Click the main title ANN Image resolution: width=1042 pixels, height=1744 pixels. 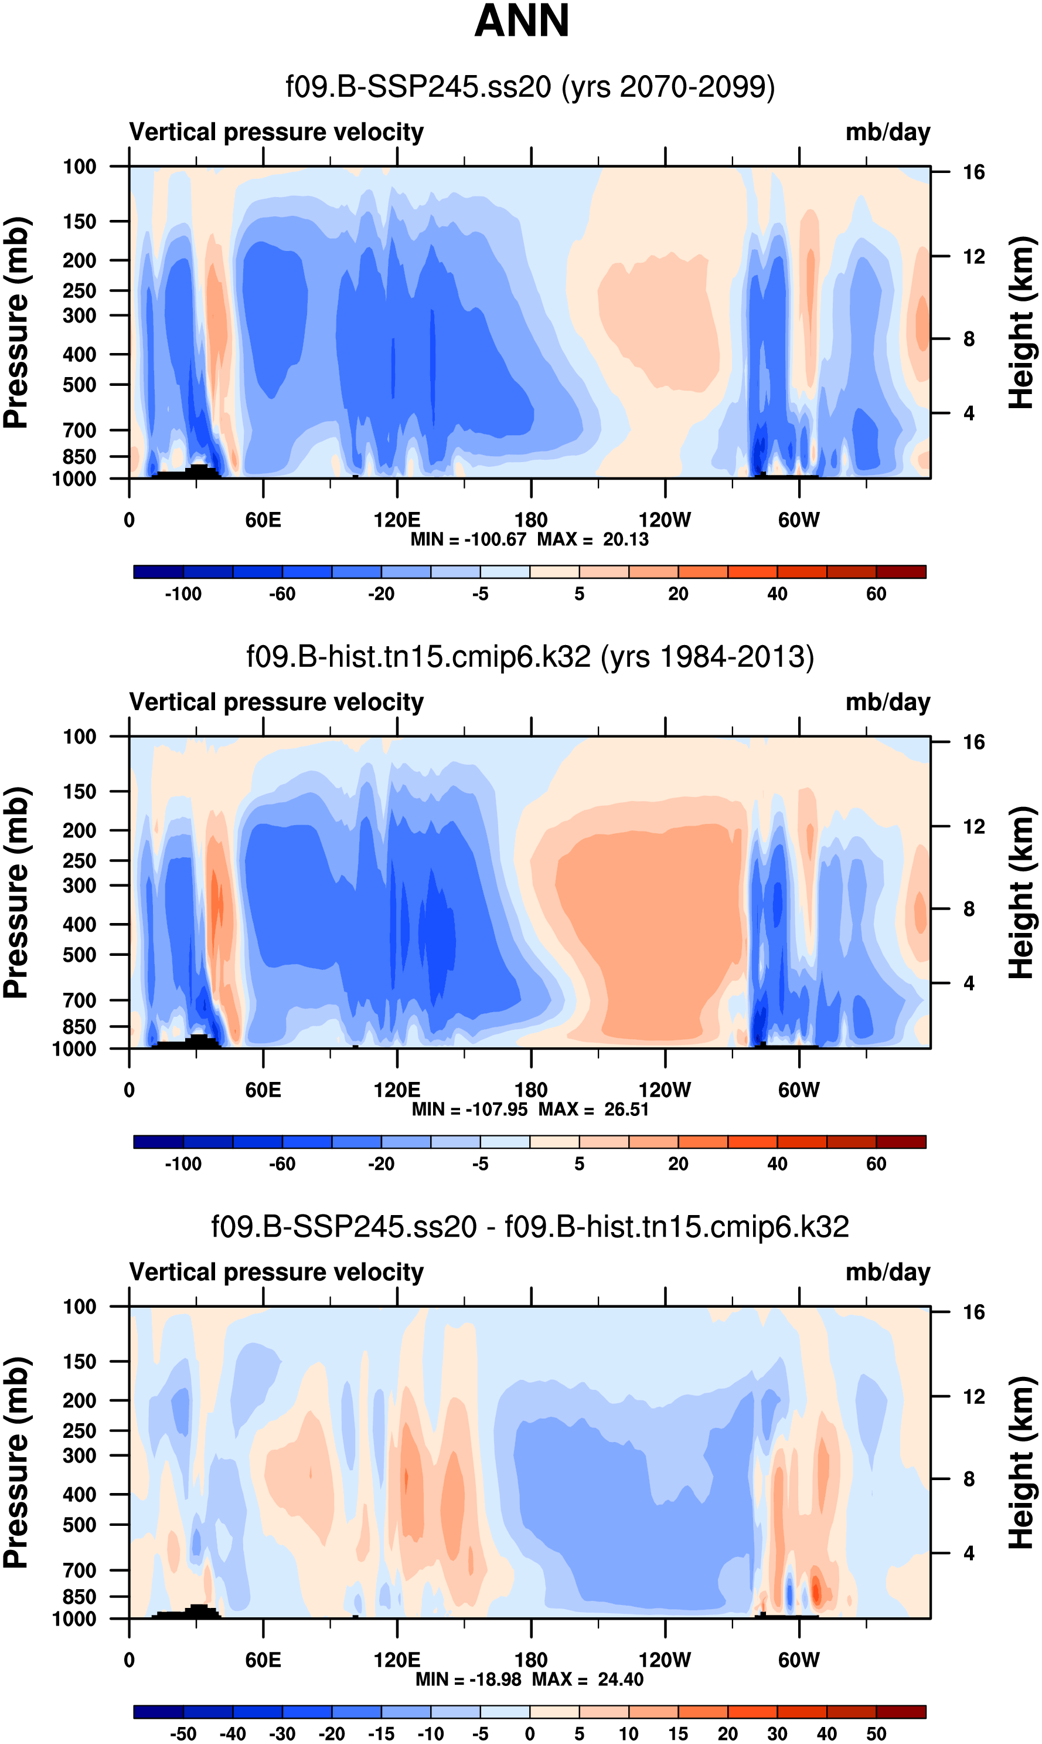521,21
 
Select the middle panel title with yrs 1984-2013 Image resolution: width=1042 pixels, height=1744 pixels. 530,657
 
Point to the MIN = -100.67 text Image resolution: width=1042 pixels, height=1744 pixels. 468,540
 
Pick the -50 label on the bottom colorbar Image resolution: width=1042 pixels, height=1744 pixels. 183,1733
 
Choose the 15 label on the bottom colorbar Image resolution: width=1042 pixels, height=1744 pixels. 677,1733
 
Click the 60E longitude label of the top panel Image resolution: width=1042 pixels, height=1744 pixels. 263,521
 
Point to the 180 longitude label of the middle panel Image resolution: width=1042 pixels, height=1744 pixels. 531,1090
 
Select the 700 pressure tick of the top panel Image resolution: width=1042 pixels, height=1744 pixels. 79,430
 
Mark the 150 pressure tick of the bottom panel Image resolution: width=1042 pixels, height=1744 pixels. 79,1361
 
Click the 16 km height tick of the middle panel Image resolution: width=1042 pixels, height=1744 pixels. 974,742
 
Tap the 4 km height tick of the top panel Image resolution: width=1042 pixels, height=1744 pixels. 969,413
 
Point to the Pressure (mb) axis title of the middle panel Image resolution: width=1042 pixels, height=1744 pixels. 15,892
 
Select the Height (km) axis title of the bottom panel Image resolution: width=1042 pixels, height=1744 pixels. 1022,1463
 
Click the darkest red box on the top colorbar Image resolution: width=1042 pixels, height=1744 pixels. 901,572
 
